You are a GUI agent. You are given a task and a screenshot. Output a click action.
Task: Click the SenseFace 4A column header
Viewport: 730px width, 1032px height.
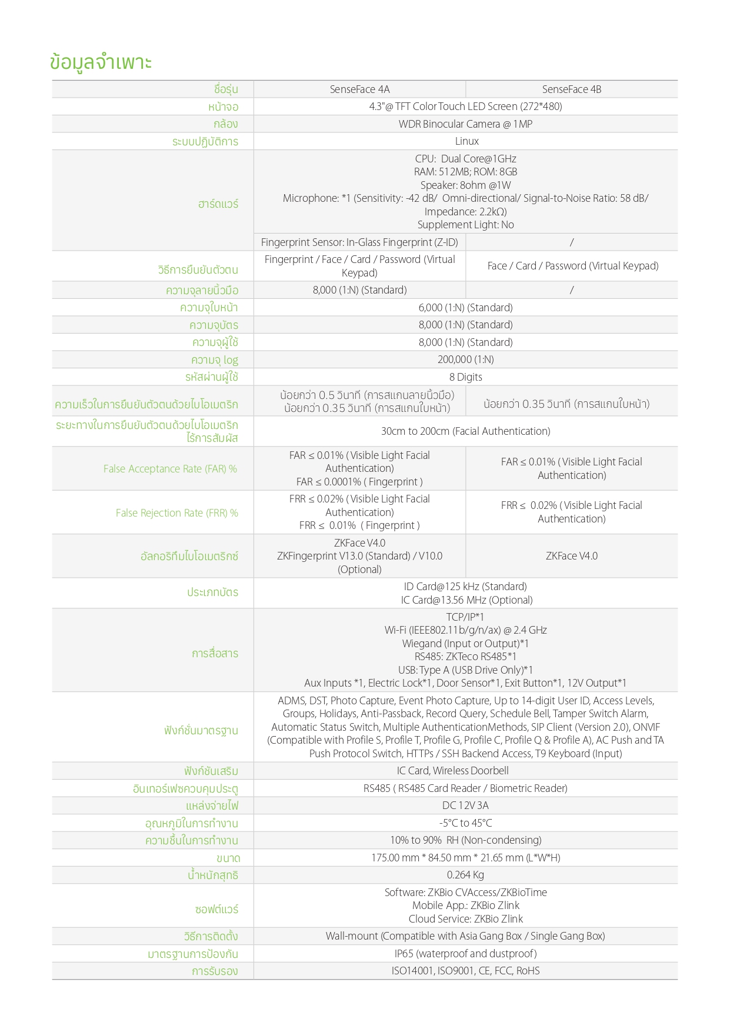[x=359, y=89]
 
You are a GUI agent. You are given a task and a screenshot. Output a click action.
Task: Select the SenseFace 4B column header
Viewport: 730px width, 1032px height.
[x=571, y=89]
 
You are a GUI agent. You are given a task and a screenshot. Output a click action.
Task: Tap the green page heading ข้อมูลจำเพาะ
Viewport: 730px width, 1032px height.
[x=101, y=62]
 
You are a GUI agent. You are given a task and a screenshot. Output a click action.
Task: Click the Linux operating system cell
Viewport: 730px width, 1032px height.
[x=466, y=141]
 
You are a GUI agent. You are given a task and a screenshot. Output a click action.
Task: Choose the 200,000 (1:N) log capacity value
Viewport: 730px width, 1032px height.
[x=465, y=359]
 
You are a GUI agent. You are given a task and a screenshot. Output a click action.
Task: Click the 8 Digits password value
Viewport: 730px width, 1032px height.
[x=465, y=377]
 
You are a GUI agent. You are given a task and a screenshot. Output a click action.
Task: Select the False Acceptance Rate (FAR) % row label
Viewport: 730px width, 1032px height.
[x=170, y=469]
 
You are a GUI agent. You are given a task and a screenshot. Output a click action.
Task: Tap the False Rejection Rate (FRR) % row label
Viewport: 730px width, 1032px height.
[x=176, y=513]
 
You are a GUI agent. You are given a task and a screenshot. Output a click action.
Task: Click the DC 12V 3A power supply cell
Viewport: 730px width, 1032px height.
[x=465, y=805]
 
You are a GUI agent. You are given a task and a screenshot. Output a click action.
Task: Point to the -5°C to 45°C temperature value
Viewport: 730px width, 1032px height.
[x=465, y=823]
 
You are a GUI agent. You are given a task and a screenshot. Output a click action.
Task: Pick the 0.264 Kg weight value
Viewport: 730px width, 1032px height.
[x=465, y=875]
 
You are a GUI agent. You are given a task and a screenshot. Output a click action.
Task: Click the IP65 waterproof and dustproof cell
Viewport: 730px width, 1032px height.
[x=465, y=954]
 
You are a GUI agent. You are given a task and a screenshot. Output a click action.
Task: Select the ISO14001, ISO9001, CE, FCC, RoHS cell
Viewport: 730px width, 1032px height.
[x=465, y=971]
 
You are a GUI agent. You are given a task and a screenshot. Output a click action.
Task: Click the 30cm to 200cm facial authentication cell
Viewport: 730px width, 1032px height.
[x=465, y=431]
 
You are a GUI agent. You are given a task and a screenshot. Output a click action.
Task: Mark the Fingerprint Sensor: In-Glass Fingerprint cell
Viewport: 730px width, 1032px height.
[x=359, y=242]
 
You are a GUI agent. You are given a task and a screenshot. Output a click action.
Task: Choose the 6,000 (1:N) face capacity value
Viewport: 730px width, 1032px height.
[x=465, y=308]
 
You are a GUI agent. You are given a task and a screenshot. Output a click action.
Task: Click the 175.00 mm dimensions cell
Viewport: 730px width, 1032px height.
[x=465, y=858]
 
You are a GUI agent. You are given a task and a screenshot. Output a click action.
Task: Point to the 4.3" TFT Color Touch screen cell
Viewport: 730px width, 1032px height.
[x=465, y=106]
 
